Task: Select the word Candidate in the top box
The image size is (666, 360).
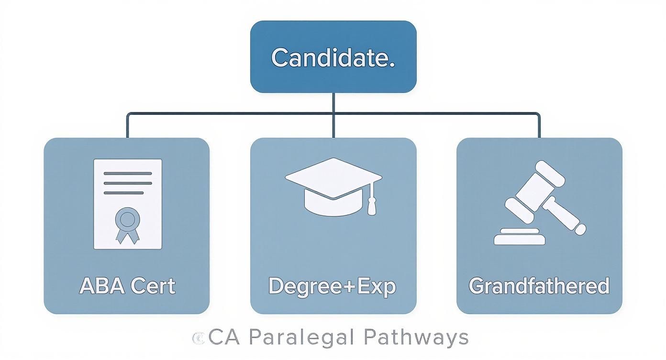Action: pos(333,57)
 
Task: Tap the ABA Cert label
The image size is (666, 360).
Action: pos(127,286)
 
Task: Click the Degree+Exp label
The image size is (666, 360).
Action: pos(333,286)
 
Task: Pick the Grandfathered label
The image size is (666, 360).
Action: pos(539,286)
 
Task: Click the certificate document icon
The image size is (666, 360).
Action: pos(127,204)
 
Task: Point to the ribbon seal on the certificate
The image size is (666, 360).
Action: pos(127,222)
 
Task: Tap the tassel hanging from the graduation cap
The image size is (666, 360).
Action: pos(372,203)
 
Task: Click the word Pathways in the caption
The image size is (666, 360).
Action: pos(416,337)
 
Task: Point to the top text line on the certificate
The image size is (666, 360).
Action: pos(127,173)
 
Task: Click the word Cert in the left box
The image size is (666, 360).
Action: pos(154,286)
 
